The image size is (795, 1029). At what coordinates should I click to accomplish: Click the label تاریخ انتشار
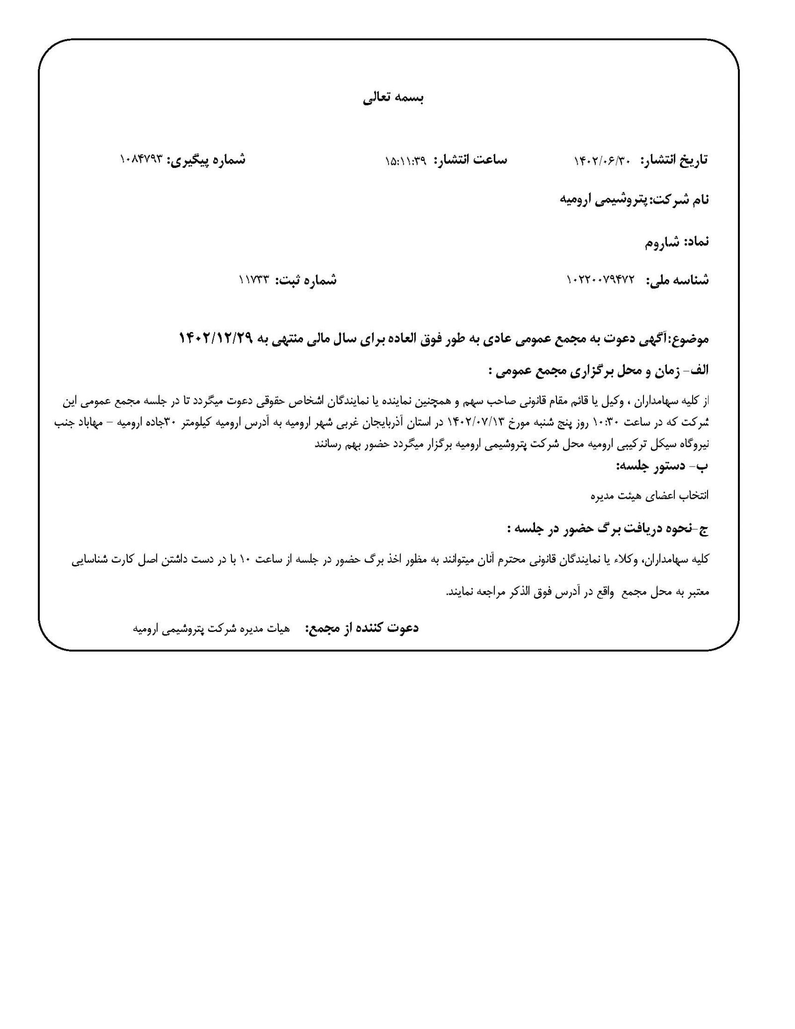click(x=674, y=160)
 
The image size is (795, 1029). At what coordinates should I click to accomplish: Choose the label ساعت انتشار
click(x=470, y=160)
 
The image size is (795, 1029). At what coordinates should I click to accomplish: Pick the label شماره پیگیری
click(x=206, y=160)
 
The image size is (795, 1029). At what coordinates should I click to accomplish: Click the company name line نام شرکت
click(x=634, y=200)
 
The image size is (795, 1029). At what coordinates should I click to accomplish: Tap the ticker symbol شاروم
click(x=662, y=242)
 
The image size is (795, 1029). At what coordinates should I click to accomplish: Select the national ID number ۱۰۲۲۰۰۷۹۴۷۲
click(x=600, y=281)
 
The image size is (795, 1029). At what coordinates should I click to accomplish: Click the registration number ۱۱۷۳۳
click(x=253, y=280)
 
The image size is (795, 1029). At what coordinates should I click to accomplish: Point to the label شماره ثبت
click(x=306, y=280)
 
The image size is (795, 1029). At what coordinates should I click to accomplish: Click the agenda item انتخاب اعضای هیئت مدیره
click(x=649, y=495)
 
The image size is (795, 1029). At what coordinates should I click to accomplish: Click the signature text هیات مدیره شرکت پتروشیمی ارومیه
click(x=211, y=629)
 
